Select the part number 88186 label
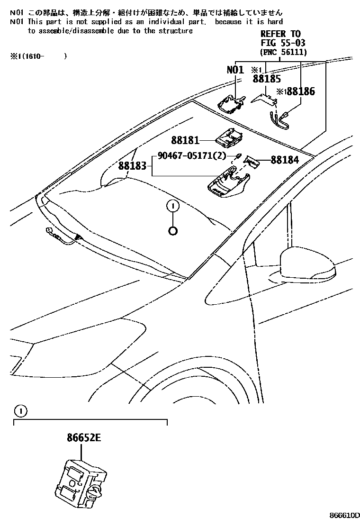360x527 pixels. click(x=300, y=92)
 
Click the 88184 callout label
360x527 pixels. click(x=285, y=160)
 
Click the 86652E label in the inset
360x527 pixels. click(x=81, y=438)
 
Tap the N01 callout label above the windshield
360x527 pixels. click(x=235, y=70)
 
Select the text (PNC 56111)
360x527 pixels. click(x=283, y=52)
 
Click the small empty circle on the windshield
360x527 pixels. click(x=173, y=231)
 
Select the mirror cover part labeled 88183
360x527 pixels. click(x=227, y=185)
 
